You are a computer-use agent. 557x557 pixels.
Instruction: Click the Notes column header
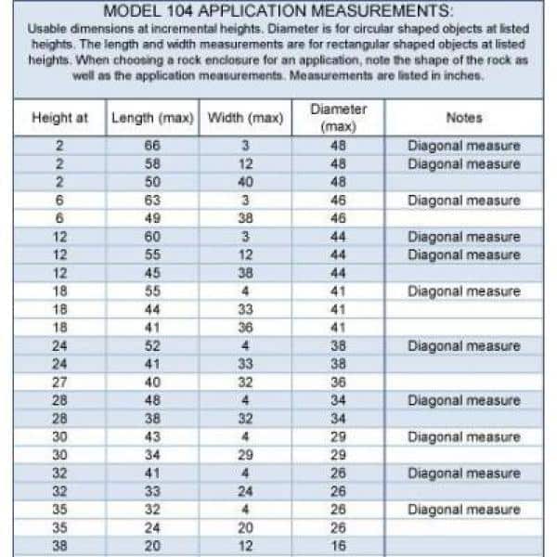[x=463, y=119]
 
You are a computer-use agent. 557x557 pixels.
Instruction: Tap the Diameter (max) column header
[x=338, y=118]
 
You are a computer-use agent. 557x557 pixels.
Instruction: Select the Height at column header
[x=59, y=119]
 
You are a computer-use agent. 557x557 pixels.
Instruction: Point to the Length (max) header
[x=152, y=119]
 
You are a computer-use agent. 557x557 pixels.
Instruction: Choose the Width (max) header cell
[x=245, y=119]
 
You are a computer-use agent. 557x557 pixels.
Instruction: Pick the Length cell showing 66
[x=152, y=146]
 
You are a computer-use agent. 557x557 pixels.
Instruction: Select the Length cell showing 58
[x=152, y=163]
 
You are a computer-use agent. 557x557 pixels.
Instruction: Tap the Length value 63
[x=152, y=200]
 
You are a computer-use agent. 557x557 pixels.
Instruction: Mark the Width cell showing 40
[x=245, y=182]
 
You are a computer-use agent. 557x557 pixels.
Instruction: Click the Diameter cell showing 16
[x=338, y=546]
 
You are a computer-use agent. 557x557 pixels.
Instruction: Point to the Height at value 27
[x=59, y=382]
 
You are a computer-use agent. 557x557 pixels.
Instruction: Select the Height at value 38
[x=59, y=546]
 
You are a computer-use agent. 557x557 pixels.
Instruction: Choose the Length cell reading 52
[x=152, y=345]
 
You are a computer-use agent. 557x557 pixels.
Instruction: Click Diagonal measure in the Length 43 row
[x=463, y=436]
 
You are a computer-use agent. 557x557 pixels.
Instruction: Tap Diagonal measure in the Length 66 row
[x=463, y=146]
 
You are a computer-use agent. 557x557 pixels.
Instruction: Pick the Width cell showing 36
[x=245, y=327]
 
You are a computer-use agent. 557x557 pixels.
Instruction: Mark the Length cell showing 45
[x=152, y=273]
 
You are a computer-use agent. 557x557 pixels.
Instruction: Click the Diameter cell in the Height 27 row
[x=338, y=382]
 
